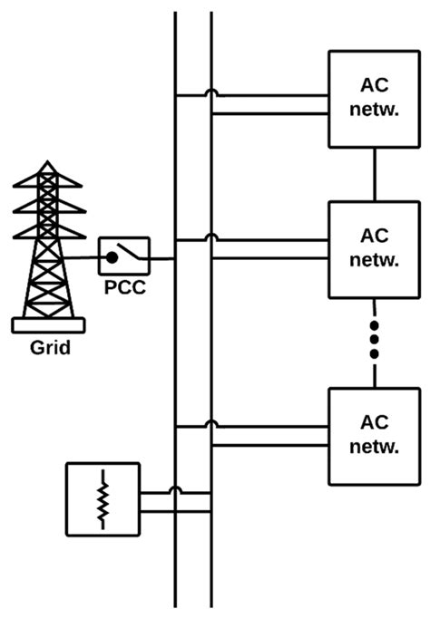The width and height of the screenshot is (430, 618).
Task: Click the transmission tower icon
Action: (49, 245)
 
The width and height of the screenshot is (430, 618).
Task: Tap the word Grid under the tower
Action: (49, 348)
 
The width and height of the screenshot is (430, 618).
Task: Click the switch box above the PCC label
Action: (124, 258)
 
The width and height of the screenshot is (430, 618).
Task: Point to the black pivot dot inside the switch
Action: (112, 258)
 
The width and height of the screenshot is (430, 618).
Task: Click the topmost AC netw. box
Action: (374, 97)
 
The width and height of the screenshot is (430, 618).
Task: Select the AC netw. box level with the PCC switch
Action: (374, 247)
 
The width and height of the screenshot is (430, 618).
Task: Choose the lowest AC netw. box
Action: (374, 435)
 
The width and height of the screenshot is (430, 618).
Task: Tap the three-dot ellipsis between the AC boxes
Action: (374, 340)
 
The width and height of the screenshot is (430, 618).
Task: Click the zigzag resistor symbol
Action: (104, 498)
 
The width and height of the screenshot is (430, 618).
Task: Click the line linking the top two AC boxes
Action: (374, 174)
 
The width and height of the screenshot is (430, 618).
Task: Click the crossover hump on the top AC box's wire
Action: (211, 92)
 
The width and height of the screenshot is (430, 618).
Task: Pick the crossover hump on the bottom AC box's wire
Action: (211, 422)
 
